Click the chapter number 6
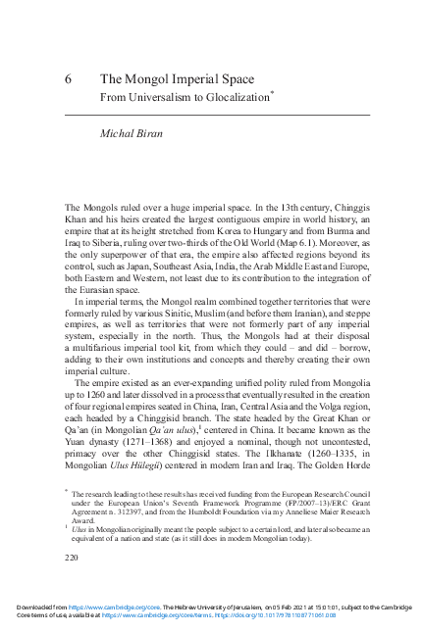coord(70,79)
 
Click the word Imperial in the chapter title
coord(196,79)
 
